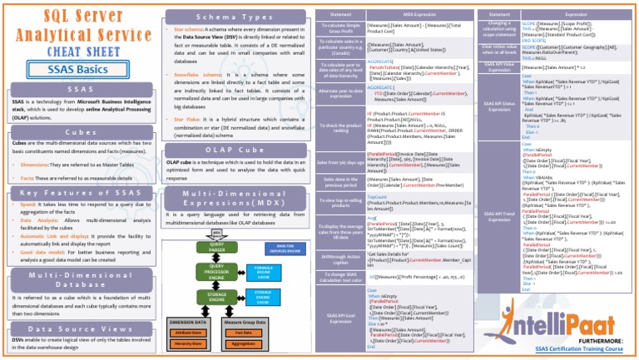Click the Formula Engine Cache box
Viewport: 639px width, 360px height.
coord(263,271)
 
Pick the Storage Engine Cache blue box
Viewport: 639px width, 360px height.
coord(263,296)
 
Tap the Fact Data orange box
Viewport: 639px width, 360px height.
coord(245,333)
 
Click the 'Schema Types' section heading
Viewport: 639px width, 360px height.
coord(236,17)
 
